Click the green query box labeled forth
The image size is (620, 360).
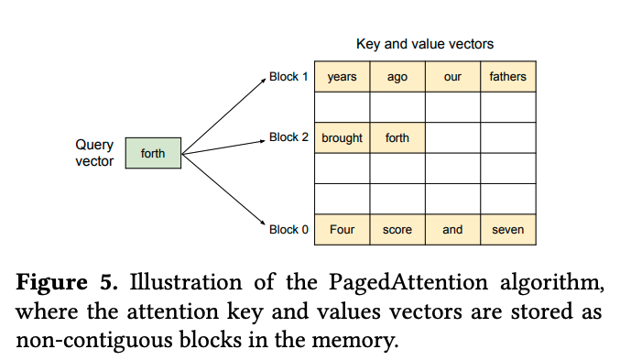(153, 153)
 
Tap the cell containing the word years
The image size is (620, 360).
(342, 77)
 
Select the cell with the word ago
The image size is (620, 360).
(397, 77)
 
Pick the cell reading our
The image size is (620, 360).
(452, 77)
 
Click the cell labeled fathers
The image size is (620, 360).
(507, 77)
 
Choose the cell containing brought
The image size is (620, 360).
(342, 138)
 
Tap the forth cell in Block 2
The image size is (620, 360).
(397, 138)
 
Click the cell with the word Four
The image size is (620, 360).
(342, 230)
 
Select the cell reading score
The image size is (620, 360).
(397, 230)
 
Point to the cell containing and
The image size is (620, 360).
(452, 230)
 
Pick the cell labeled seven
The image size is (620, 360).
(507, 230)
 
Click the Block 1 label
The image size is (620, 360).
(289, 77)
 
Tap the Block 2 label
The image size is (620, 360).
(289, 137)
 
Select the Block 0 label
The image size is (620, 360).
(289, 230)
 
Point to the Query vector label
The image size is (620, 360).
(94, 153)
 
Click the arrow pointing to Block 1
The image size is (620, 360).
(223, 114)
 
